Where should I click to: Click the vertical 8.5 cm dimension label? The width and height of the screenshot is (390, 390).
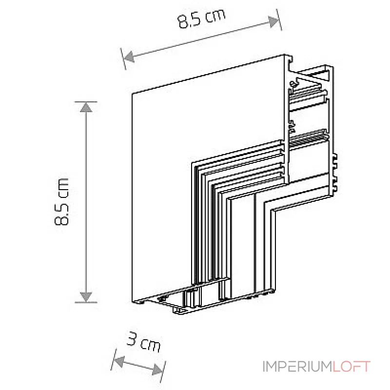pyautogui.click(x=61, y=201)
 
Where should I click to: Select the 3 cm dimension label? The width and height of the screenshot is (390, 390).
pyautogui.click(x=144, y=342)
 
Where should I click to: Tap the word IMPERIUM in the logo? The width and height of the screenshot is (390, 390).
pyautogui.click(x=297, y=367)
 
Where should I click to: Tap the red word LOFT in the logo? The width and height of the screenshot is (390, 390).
pyautogui.click(x=351, y=367)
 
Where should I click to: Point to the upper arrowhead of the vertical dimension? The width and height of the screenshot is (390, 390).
pyautogui.click(x=86, y=107)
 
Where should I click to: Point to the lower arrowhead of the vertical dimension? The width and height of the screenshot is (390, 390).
pyautogui.click(x=86, y=297)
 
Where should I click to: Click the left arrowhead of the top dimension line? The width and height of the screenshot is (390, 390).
pyautogui.click(x=129, y=57)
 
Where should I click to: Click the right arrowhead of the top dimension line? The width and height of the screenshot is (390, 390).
pyautogui.click(x=273, y=21)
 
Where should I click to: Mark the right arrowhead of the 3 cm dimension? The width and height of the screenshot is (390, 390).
pyautogui.click(x=157, y=370)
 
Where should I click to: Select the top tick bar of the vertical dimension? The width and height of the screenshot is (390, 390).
pyautogui.click(x=86, y=102)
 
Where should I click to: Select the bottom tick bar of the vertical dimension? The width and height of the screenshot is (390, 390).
pyautogui.click(x=86, y=302)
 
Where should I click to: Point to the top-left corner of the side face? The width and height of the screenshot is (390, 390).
pyautogui.click(x=132, y=94)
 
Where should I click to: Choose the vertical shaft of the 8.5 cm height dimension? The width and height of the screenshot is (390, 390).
pyautogui.click(x=86, y=202)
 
